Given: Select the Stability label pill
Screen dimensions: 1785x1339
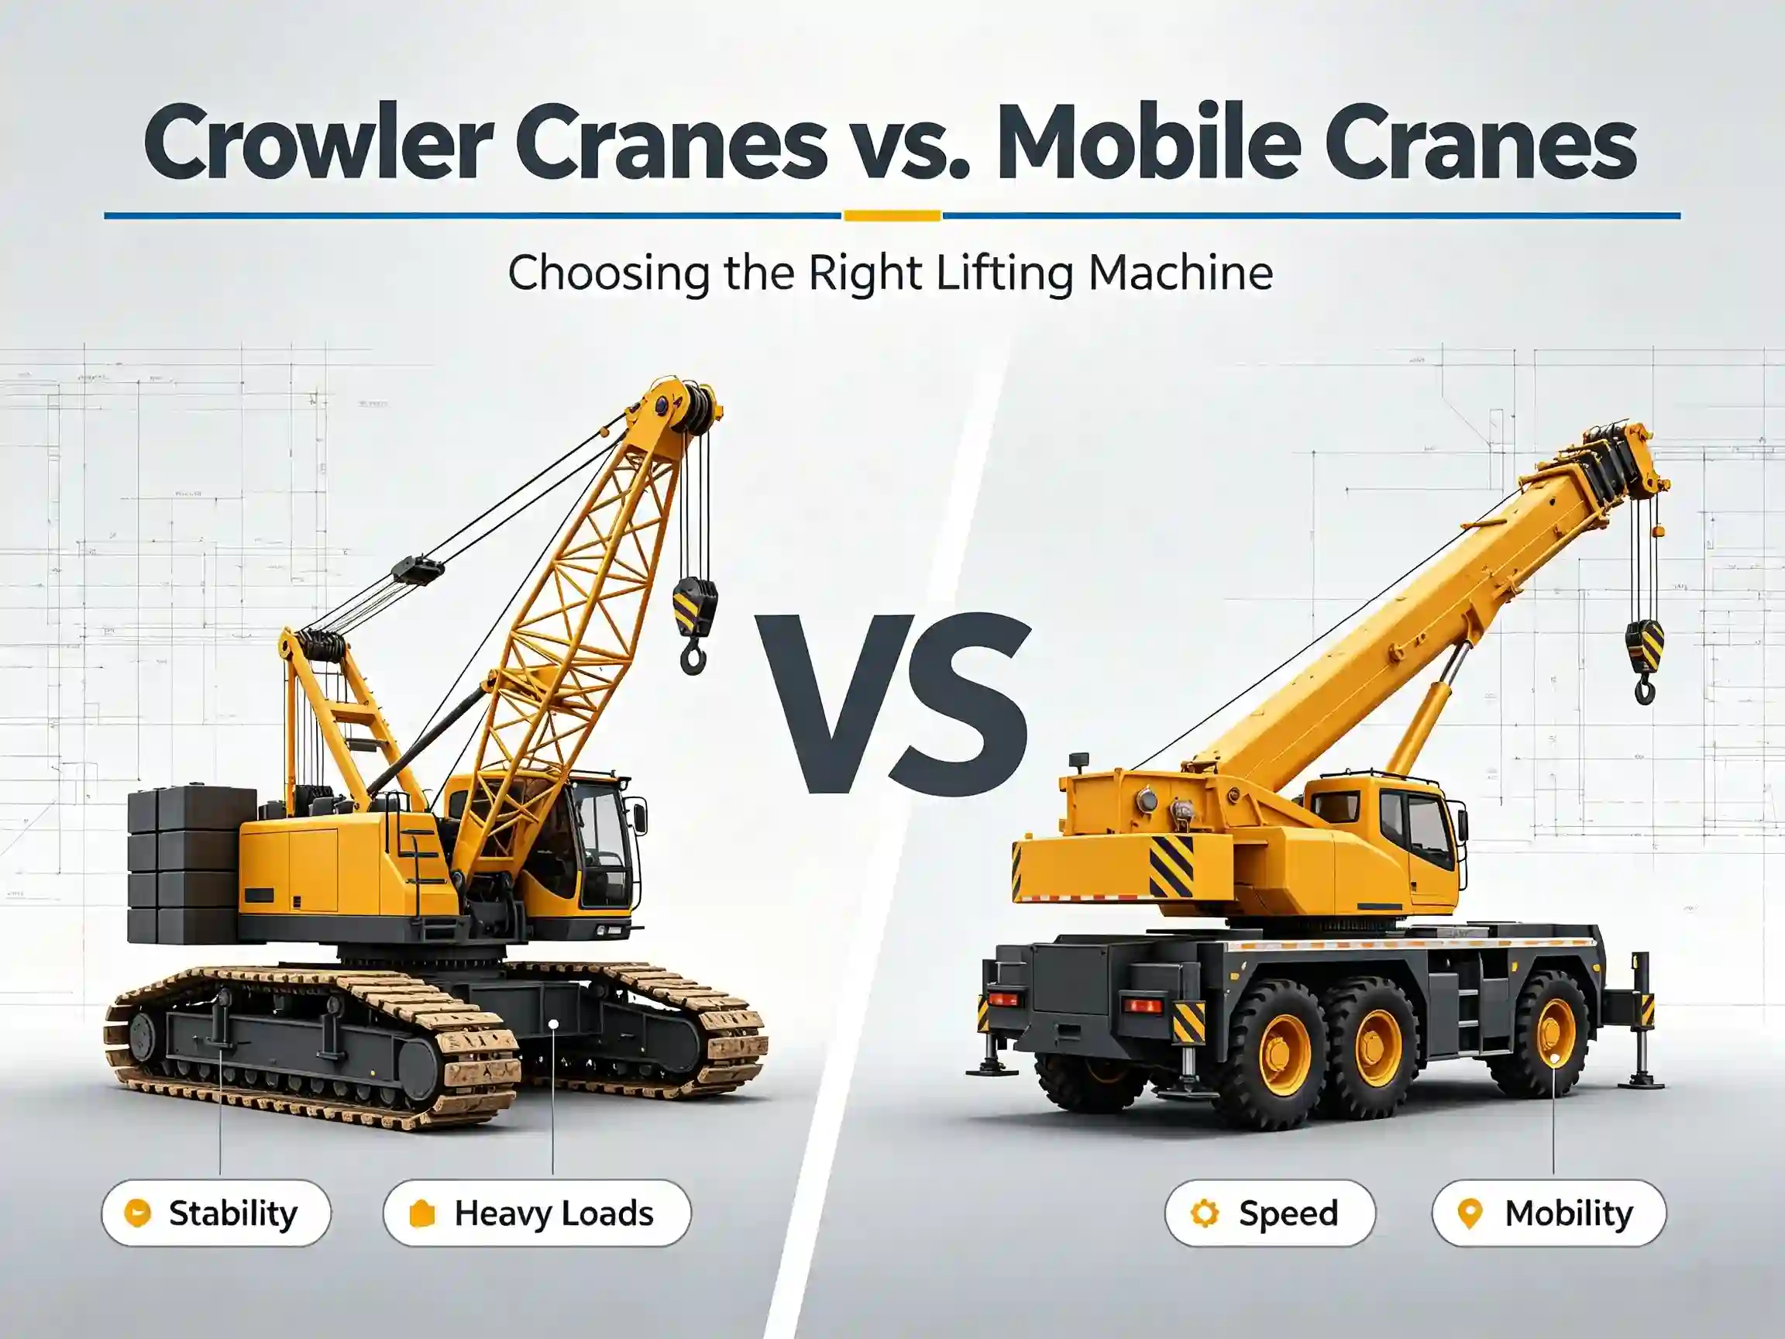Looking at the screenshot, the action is [x=216, y=1213].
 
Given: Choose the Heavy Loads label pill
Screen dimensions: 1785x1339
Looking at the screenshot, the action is [x=537, y=1213].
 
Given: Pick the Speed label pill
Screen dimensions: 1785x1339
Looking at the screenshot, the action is [x=1269, y=1213].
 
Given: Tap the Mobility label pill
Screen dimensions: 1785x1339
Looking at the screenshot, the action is [x=1549, y=1213].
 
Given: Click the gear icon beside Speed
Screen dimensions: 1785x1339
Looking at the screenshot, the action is [x=1205, y=1213].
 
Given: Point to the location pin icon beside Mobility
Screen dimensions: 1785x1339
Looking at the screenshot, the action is [x=1470, y=1214].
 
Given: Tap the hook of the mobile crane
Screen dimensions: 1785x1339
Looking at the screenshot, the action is [x=1645, y=687].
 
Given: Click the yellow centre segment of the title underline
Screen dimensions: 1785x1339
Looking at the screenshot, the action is [x=892, y=215].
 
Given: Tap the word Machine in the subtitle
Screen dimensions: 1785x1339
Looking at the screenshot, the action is [x=1181, y=273].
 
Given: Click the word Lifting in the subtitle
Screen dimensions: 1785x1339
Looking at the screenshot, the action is [x=1005, y=274].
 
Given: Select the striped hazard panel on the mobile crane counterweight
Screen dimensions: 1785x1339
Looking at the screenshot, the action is [x=1171, y=866].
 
